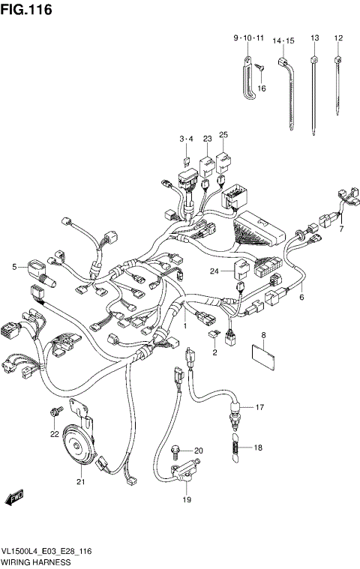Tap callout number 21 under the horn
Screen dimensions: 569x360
click(79, 482)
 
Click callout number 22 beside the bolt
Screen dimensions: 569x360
click(54, 434)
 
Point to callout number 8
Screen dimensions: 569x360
click(263, 334)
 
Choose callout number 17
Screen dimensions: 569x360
click(260, 408)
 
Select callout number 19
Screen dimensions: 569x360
click(186, 500)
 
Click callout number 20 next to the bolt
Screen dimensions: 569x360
click(199, 451)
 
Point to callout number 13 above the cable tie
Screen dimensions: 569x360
click(314, 37)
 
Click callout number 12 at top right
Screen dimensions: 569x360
click(338, 37)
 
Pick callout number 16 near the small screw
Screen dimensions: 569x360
click(262, 88)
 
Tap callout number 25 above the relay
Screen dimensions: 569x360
click(223, 135)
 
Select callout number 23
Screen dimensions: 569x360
click(205, 139)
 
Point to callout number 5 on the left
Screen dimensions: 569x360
click(14, 266)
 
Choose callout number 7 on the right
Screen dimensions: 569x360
click(340, 229)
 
